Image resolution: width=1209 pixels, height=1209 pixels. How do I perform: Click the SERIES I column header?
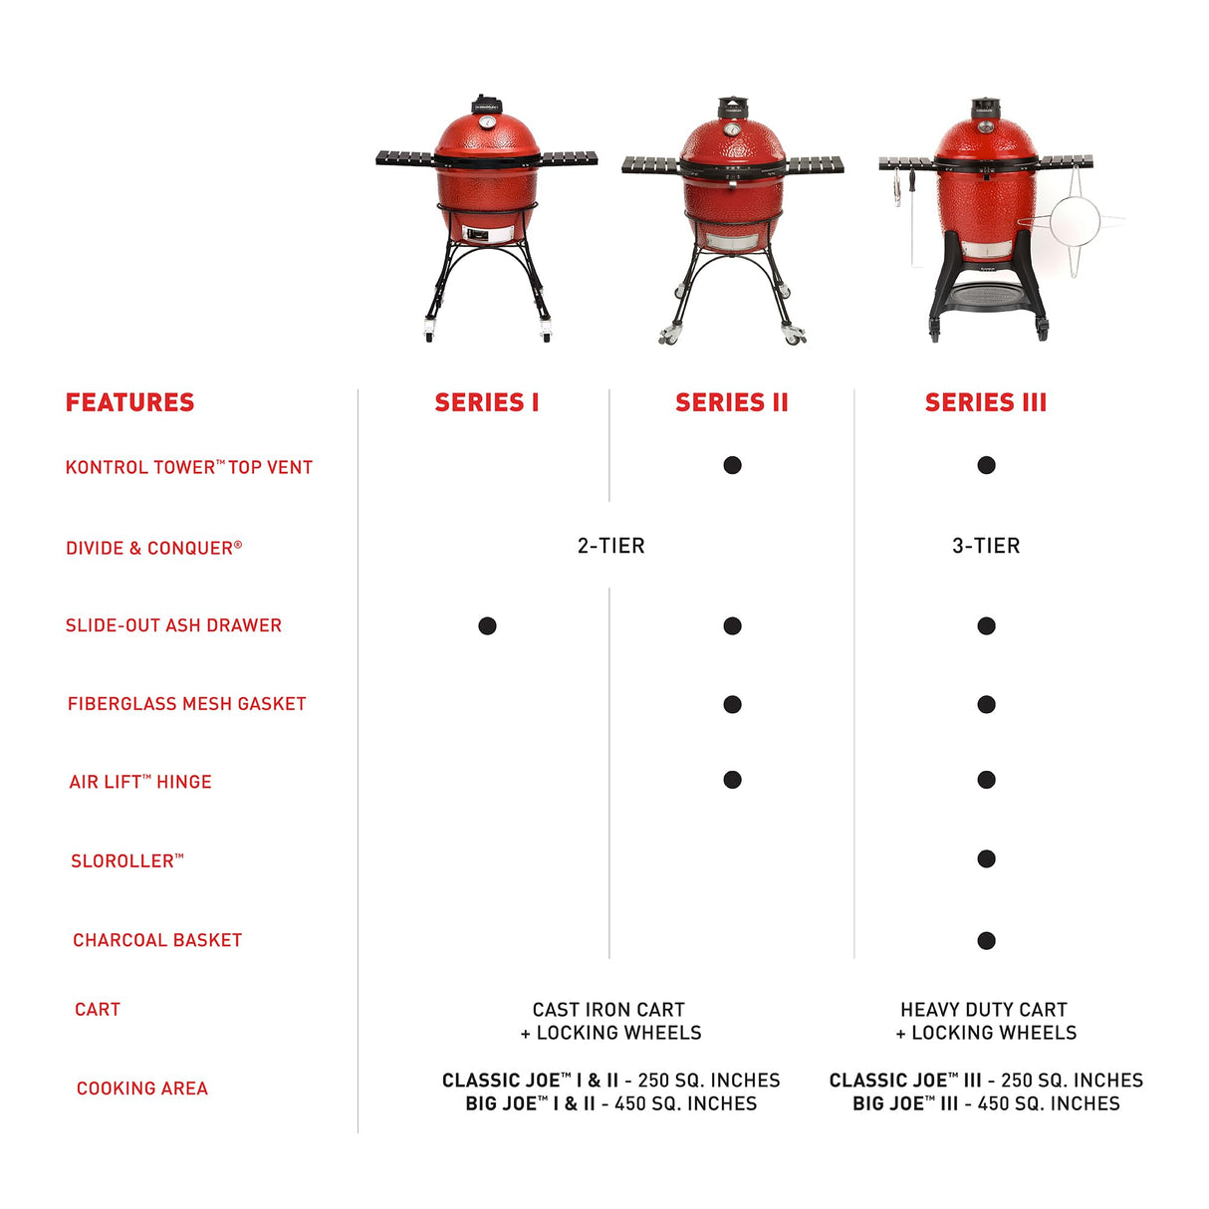pos(486,402)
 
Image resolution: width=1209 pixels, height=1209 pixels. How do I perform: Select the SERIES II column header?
pos(731,402)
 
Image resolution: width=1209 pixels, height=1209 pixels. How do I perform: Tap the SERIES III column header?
pos(985,402)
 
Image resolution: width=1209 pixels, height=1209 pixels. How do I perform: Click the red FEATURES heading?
pos(129,402)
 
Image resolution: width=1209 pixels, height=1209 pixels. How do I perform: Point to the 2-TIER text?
pos(610,546)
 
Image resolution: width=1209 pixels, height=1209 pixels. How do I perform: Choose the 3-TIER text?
pos(986,546)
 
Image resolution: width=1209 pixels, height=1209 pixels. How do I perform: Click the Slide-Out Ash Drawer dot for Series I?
pos(487,625)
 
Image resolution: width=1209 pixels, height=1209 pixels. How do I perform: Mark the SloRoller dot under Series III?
pos(986,858)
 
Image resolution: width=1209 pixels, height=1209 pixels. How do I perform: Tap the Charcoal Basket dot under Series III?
pos(986,940)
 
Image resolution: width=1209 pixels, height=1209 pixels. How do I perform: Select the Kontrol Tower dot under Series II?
pos(732,465)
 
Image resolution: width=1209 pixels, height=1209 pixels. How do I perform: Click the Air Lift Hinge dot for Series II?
pos(732,780)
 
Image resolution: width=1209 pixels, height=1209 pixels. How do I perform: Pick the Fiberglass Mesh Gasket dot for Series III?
pos(986,704)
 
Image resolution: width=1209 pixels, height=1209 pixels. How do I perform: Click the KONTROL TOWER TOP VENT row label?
pos(188,467)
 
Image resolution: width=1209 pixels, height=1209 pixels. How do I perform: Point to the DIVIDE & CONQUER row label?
pos(153,548)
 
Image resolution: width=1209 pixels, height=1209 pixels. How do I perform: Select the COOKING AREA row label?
pos(141,1088)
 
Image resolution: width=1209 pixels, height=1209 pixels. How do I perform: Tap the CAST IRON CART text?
pos(609,1010)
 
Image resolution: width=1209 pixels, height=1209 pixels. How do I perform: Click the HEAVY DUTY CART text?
pos(984,1010)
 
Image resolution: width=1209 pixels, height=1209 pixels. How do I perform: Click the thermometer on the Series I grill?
pos(487,122)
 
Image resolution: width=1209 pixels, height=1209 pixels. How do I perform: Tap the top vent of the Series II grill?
pos(732,106)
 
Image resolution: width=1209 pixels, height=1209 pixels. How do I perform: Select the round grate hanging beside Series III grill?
pos(1074,221)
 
